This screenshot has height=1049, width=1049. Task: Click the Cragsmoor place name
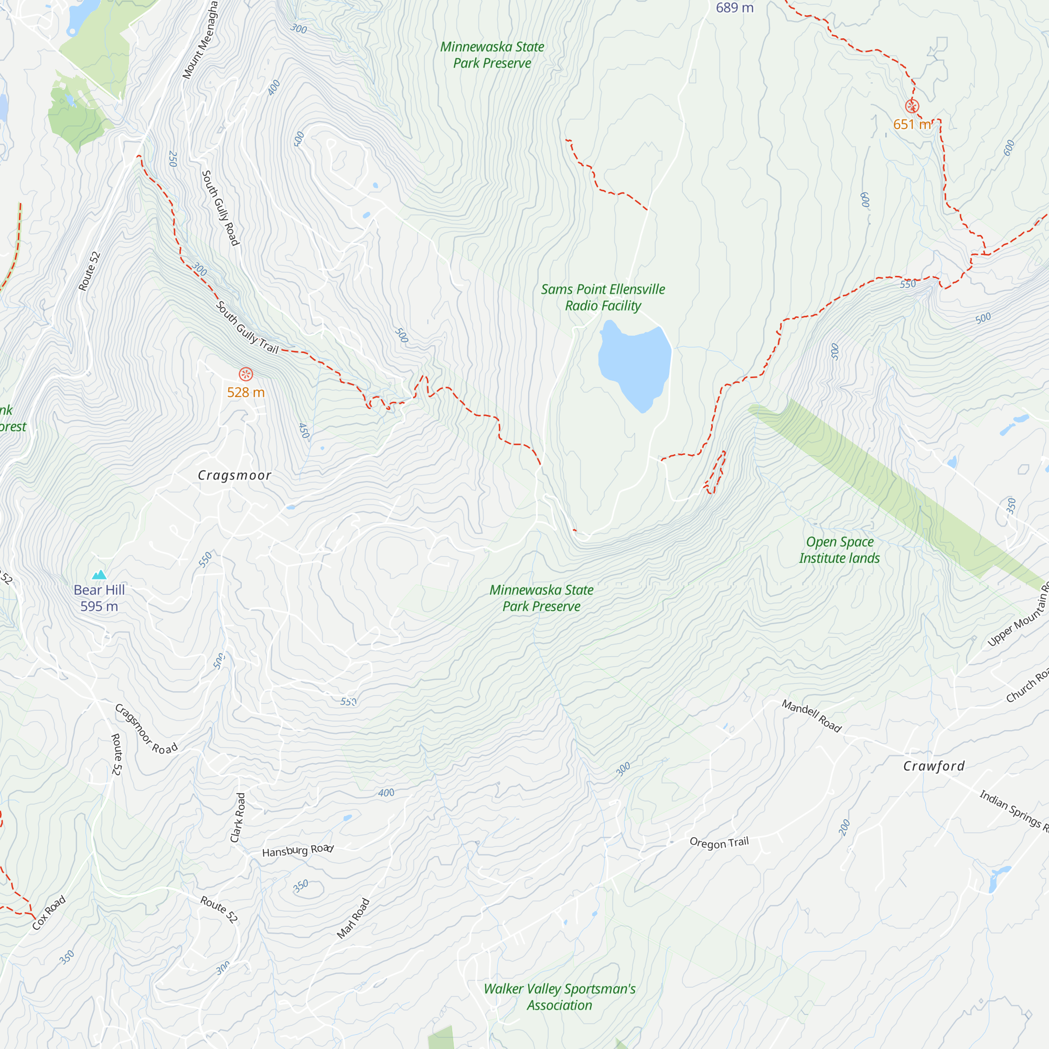click(x=234, y=476)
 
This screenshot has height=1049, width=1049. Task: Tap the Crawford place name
click(x=934, y=766)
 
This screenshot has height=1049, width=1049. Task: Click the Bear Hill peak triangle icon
click(x=99, y=575)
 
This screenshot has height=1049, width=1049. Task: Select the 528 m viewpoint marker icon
click(x=246, y=373)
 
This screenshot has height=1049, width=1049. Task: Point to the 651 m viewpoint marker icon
click(x=912, y=106)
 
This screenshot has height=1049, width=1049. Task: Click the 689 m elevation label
click(x=734, y=7)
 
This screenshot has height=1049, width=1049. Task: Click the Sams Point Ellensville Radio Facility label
click(x=603, y=297)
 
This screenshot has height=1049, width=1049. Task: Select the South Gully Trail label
click(x=247, y=328)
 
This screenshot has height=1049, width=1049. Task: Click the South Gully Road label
click(x=220, y=208)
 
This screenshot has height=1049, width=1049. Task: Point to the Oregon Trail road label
click(x=719, y=843)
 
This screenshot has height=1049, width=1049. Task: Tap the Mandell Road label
click(x=811, y=716)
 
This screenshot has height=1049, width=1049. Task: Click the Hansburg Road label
click(x=297, y=850)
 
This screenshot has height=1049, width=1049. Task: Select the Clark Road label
click(x=238, y=818)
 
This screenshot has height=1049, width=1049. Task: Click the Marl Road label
click(x=354, y=918)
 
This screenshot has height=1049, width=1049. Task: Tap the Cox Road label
click(x=49, y=913)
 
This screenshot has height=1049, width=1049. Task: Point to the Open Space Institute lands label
click(x=839, y=550)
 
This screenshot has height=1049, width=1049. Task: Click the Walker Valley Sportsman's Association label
click(x=559, y=997)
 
